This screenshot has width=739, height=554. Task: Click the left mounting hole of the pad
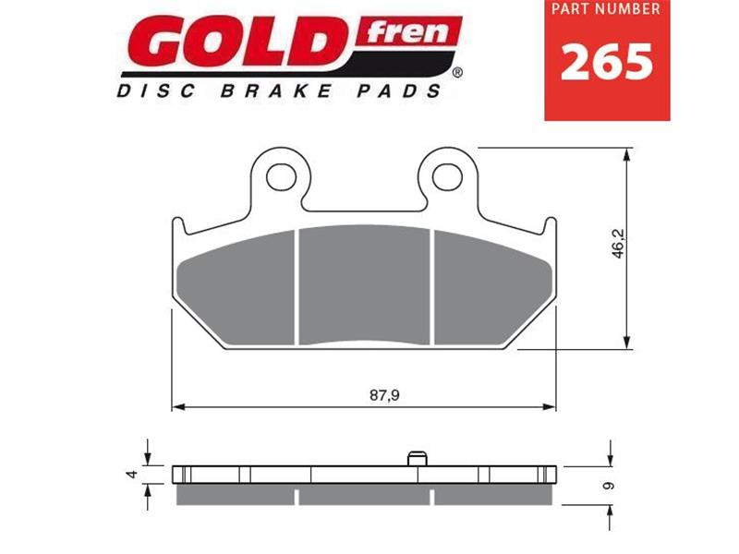pyautogui.click(x=280, y=172)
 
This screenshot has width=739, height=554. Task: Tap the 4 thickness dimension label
pyautogui.click(x=132, y=474)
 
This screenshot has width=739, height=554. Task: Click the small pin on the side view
pyautogui.click(x=417, y=459)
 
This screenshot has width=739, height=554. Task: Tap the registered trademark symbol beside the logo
pyautogui.click(x=456, y=71)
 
